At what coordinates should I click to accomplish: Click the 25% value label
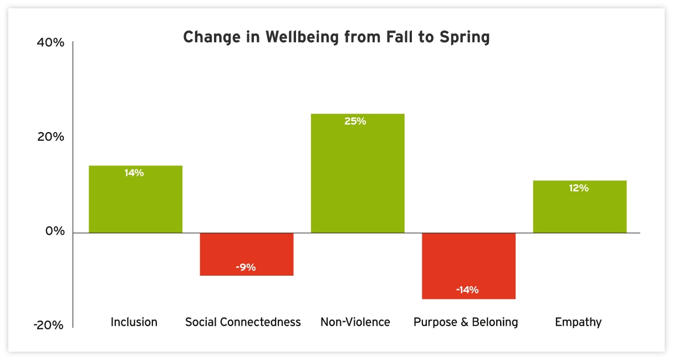pos(355,121)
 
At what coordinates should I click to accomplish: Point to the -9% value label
pos(246,267)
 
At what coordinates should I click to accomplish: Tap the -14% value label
pos(467,290)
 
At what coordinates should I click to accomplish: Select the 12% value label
pos(578,188)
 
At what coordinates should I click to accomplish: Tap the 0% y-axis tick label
pos(55,231)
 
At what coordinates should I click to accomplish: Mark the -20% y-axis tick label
pos(49,326)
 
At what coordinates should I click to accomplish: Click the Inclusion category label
pos(134,322)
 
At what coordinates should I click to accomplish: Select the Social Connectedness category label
pos(243,322)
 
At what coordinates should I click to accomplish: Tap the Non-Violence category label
pos(355,322)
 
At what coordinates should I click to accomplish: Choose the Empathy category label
pos(578,322)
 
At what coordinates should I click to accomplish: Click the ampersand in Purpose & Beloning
pos(461,322)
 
